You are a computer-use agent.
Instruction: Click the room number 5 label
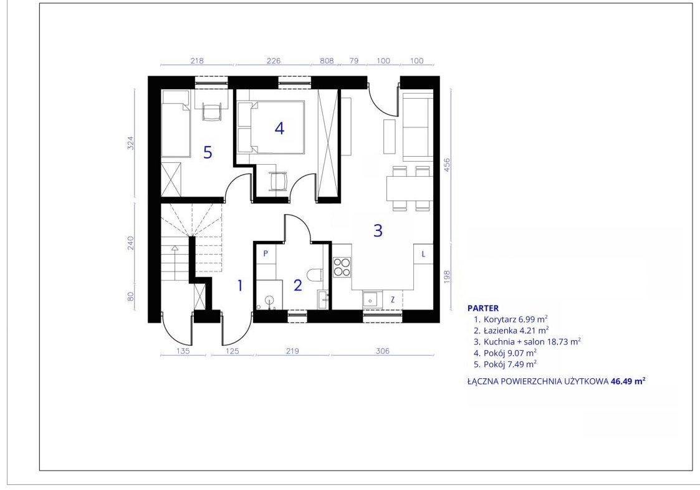tap(208, 152)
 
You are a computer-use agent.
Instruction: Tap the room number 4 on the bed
tap(279, 129)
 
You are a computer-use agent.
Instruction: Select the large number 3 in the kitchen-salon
tap(378, 231)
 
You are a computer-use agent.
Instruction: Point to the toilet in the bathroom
tap(315, 275)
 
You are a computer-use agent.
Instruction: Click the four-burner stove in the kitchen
tap(342, 267)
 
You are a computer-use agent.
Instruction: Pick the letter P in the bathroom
tap(266, 253)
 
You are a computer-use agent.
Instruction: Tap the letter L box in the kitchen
tap(423, 255)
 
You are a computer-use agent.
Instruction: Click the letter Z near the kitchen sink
tap(393, 300)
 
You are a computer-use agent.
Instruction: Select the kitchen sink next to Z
tap(370, 298)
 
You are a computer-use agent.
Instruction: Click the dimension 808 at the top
tap(327, 61)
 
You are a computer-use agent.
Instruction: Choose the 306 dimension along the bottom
tap(383, 351)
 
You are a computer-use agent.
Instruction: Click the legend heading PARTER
tap(483, 308)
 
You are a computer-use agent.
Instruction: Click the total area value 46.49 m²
tap(628, 381)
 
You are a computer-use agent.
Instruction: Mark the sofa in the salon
tap(418, 127)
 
